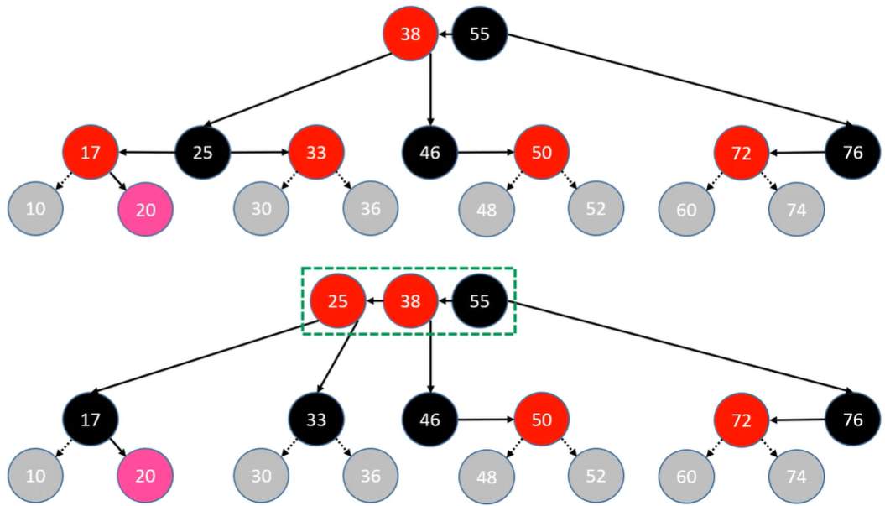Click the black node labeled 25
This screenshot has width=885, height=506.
203,153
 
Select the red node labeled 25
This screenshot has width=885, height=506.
337,301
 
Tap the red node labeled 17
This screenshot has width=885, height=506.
91,153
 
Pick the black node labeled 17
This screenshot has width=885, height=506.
91,420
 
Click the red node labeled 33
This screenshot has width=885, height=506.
316,153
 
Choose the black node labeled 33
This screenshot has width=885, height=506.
316,420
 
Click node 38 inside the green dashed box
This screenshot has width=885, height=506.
410,301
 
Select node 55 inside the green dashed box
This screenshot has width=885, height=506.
479,301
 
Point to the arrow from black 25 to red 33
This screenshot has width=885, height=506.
260,152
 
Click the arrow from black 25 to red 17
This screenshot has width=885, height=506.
147,152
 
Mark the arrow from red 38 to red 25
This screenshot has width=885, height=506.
374,301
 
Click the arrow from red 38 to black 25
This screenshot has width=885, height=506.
298,89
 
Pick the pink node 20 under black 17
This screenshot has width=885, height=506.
145,476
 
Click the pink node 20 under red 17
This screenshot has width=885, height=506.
145,210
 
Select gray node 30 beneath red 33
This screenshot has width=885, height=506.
262,208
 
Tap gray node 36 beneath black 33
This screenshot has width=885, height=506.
370,476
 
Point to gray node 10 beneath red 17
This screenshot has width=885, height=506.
35,208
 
